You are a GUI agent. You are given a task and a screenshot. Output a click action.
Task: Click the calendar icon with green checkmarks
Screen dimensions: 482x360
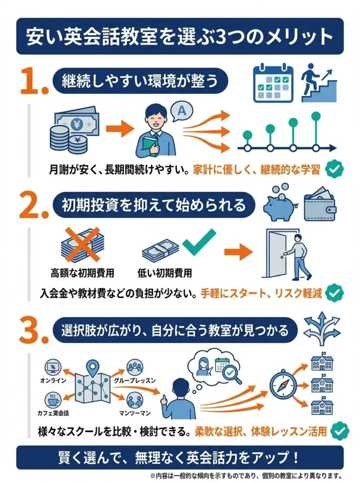(x=273, y=84)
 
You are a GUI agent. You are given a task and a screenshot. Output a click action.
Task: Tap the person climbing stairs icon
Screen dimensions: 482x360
(x=319, y=83)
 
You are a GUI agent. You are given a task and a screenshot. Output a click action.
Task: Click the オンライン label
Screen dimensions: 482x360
(x=53, y=380)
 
